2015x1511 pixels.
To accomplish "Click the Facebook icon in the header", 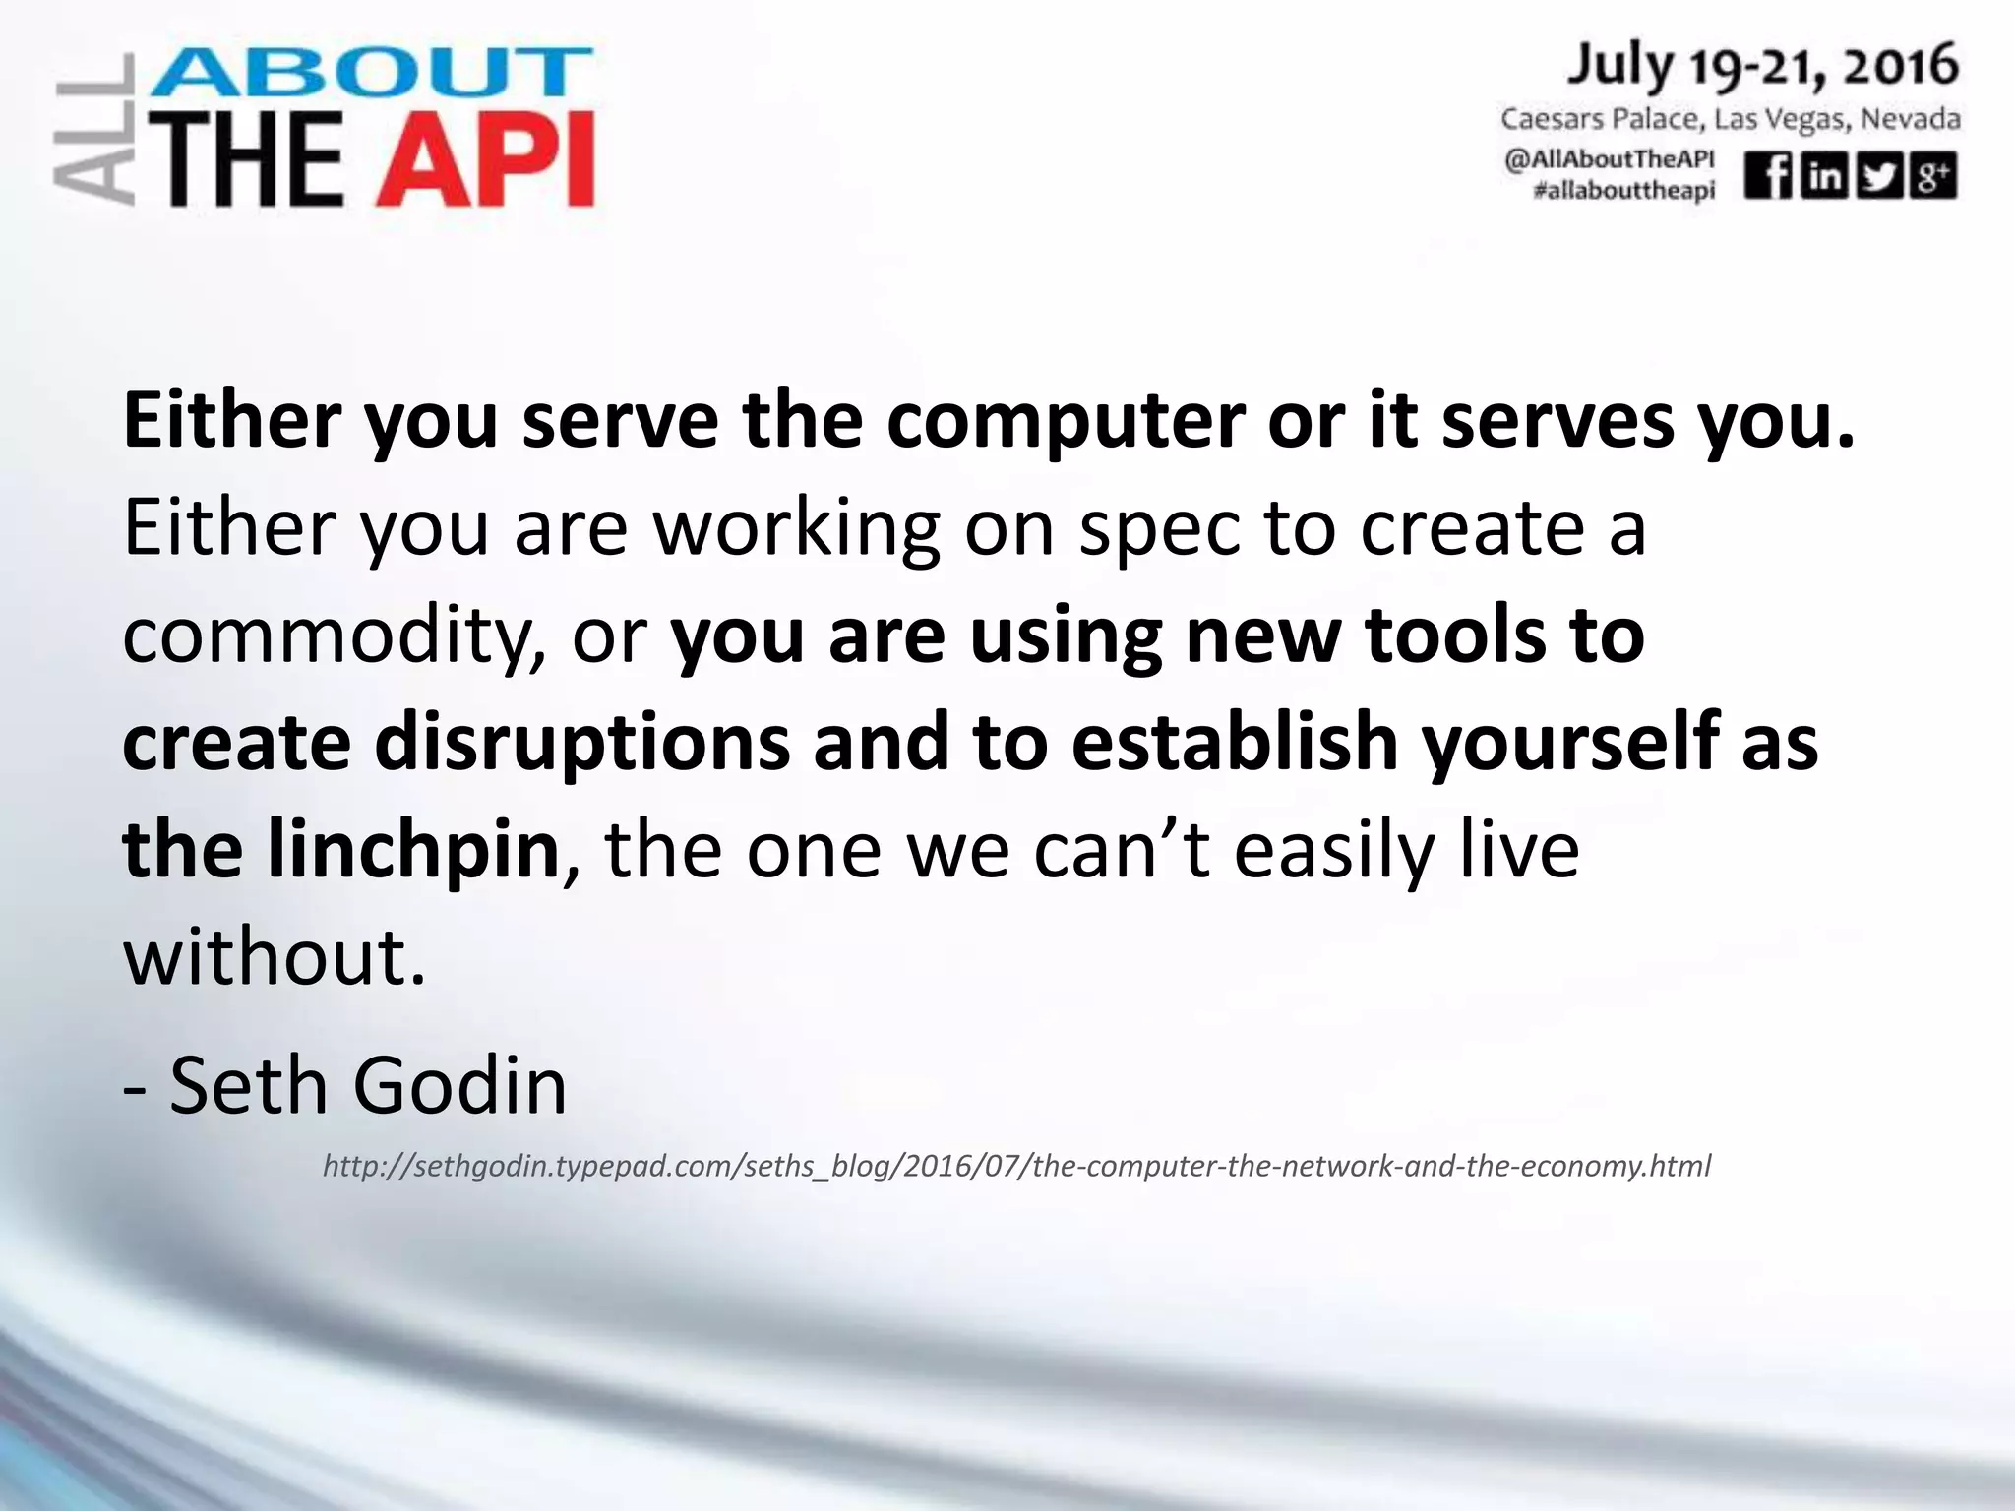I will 1768,177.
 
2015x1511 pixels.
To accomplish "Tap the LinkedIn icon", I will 1823,177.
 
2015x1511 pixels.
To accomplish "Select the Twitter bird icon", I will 1878,177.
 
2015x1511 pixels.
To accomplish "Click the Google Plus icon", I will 1933,177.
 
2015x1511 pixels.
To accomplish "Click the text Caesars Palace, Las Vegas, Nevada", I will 1730,120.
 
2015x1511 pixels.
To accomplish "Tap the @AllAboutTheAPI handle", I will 1609,159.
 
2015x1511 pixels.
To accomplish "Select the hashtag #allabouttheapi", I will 1623,190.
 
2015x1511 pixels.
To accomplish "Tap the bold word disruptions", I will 581,743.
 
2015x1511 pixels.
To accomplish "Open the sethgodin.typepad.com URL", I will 1016,1167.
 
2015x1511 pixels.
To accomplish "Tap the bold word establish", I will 1235,743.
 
